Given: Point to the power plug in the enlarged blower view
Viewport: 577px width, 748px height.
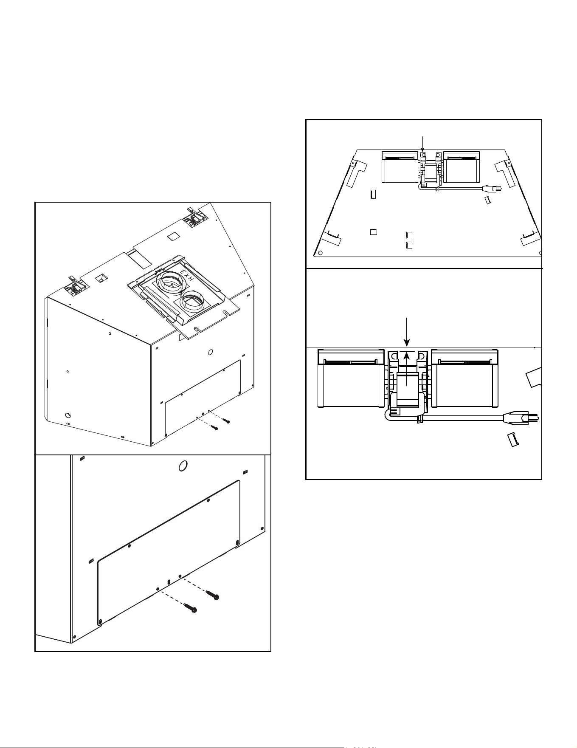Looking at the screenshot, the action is [521, 418].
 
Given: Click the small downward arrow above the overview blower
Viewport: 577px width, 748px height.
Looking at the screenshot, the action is [422, 143].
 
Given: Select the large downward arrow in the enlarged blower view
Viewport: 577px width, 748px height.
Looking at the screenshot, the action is [407, 332].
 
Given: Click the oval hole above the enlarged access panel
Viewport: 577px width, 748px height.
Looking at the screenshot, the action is [183, 466].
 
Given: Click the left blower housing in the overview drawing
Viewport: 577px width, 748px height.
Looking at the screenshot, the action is [400, 167].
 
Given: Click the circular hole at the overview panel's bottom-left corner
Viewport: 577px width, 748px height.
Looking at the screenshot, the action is [321, 253].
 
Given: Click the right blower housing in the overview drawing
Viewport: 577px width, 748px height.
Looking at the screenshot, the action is [462, 167].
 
